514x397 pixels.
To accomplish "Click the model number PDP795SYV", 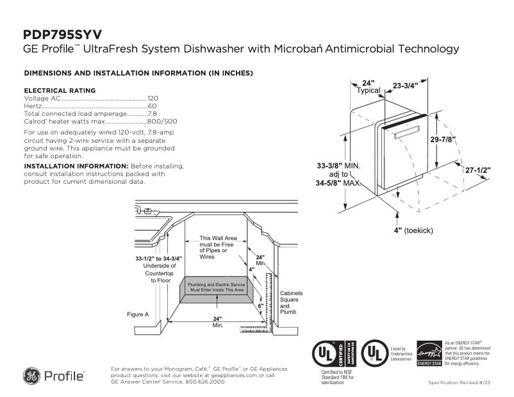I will coord(62,35).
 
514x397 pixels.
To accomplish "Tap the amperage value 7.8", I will coord(153,113).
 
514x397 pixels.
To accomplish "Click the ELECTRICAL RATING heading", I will coord(60,90).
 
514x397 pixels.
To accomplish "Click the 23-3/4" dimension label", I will coord(405,85).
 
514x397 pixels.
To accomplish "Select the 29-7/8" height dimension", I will coord(443,140).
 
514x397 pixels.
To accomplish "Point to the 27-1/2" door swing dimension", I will coord(477,170).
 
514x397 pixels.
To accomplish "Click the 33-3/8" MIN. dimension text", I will coord(338,165).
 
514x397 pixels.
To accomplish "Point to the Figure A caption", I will coord(138,314).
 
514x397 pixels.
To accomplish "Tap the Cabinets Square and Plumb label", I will coord(291,302).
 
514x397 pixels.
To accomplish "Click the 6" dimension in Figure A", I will coord(261,306).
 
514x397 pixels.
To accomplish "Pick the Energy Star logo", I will coord(429,353).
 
